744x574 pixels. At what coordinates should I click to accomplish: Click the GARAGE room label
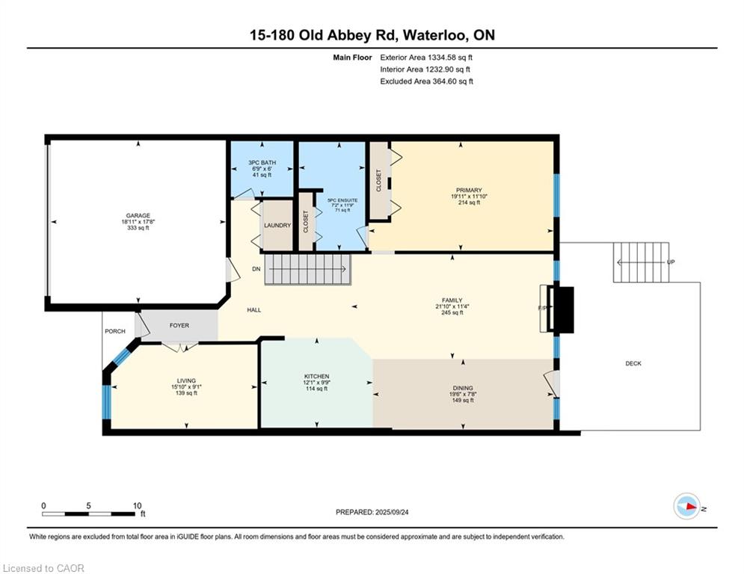(x=138, y=215)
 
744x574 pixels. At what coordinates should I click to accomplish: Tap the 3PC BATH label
(x=262, y=163)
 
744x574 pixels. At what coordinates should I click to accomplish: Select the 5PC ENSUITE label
(x=342, y=200)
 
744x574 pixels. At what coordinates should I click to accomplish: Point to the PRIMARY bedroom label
(x=469, y=191)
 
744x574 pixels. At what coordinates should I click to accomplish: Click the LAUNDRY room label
(x=277, y=225)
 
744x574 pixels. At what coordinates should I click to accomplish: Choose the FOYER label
(x=179, y=325)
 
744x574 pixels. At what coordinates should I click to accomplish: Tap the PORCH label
(x=115, y=331)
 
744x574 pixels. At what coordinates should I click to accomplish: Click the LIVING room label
(x=186, y=380)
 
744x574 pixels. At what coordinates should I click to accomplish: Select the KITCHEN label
(x=316, y=376)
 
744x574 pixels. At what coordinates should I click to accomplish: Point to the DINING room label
(x=463, y=388)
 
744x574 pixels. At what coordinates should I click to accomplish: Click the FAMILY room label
(x=452, y=300)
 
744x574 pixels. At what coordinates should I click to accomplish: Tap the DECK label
(x=633, y=363)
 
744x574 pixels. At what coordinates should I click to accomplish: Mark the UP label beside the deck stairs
(x=671, y=262)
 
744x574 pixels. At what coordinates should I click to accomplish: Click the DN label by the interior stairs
(x=256, y=269)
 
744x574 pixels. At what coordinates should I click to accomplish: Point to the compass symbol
(x=687, y=506)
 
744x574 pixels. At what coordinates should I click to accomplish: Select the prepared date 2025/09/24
(x=392, y=512)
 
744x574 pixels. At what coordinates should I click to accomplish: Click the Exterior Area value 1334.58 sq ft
(x=450, y=58)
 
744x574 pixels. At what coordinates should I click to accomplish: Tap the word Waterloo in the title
(x=436, y=35)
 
